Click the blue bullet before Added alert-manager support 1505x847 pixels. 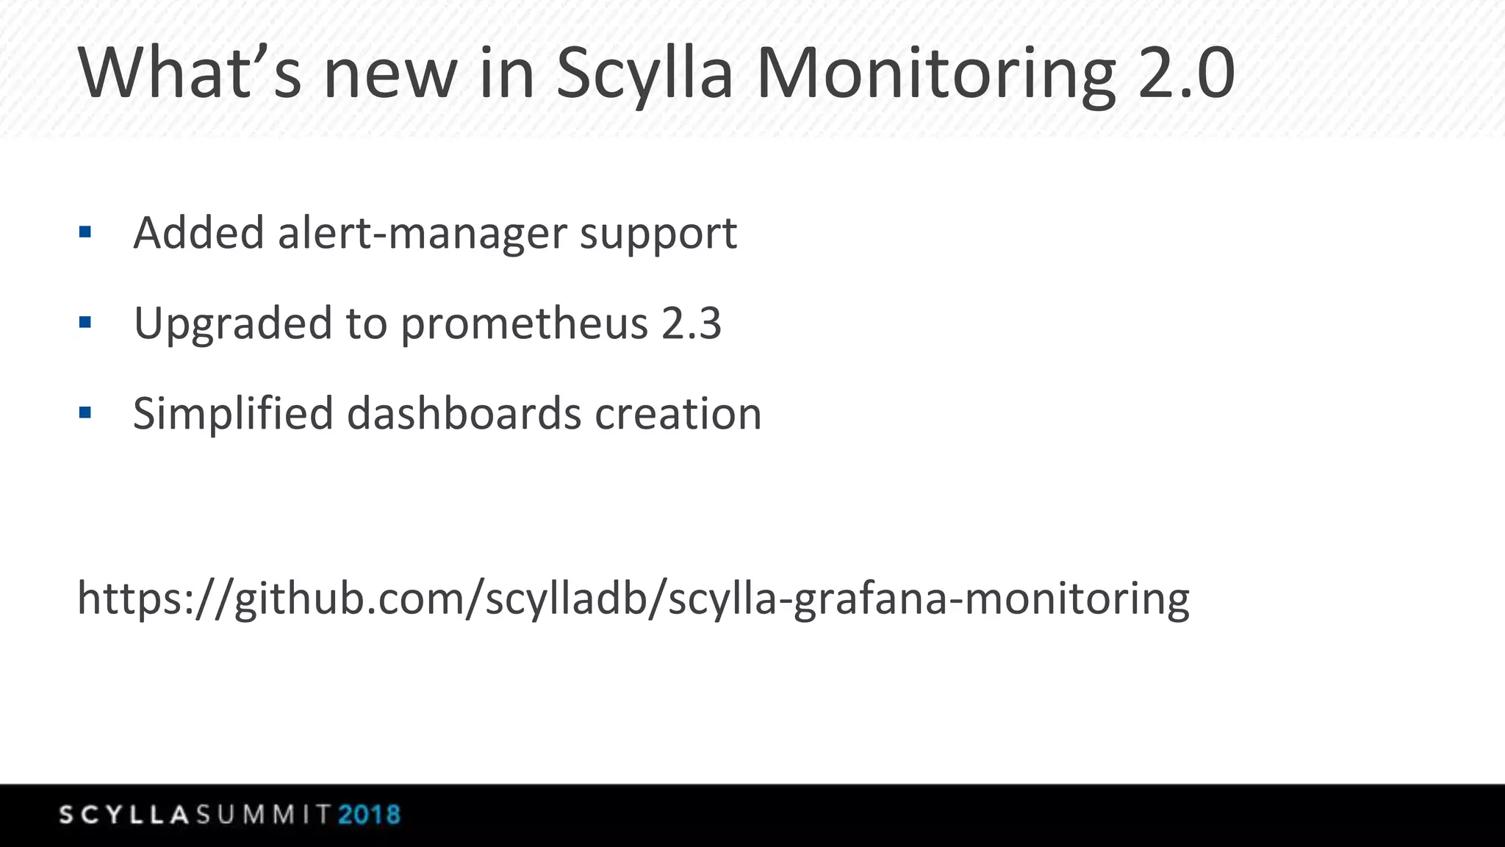85,233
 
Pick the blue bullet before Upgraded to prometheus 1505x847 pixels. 85,322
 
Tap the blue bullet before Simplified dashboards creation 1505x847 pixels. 85,412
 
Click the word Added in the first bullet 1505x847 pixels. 198,233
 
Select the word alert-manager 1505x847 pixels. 422,233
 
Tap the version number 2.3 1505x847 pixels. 691,324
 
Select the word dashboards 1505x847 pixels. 464,413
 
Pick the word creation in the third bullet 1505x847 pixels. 678,413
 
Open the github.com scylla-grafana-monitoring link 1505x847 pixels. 633,598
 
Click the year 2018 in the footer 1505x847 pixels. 369,815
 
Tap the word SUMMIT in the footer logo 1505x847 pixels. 263,815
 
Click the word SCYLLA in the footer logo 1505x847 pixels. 125,815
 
